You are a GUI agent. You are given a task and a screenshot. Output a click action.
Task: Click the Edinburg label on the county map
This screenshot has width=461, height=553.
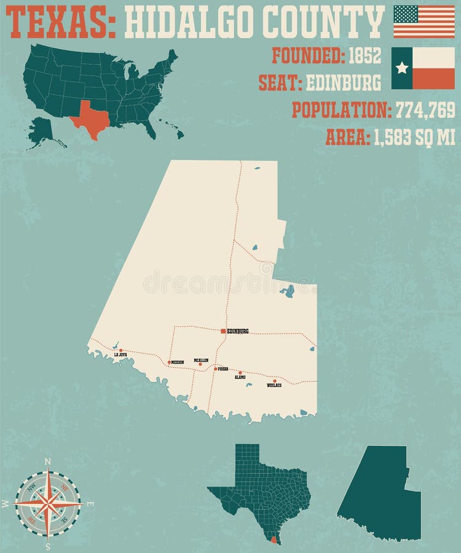238,331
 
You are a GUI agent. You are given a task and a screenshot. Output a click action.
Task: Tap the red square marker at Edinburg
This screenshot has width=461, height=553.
223,331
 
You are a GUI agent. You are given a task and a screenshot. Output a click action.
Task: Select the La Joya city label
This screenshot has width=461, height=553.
120,355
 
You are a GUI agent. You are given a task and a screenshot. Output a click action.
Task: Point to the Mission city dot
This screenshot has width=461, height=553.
169,363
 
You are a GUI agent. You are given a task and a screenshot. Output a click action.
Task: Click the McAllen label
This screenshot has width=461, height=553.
201,360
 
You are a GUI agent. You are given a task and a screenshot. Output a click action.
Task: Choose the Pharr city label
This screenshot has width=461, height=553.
223,369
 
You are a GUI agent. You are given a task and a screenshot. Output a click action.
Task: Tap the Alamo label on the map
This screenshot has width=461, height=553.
240,377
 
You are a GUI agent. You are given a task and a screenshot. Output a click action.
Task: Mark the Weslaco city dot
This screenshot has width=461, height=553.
274,381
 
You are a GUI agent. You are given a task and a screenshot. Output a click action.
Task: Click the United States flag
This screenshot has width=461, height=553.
424,21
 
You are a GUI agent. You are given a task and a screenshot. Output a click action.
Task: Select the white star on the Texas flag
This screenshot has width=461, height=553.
402,68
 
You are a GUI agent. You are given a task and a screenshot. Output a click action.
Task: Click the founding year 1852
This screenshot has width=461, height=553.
364,57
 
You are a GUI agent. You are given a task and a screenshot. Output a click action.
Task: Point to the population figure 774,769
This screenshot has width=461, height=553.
425,111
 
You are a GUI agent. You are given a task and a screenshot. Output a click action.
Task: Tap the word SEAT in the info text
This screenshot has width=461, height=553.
278,83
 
